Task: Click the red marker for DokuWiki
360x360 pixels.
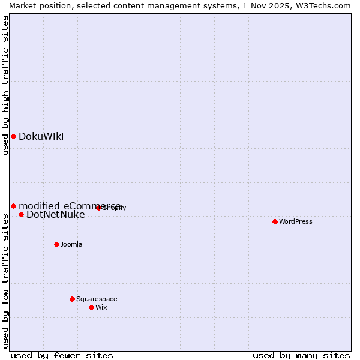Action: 13,136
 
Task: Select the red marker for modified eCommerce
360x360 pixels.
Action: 13,206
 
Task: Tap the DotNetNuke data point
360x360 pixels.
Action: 21,214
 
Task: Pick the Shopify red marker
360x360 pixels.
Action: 98,208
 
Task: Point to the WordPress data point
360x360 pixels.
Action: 275,221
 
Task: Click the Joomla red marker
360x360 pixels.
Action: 56,244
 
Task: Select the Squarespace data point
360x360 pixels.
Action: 72,299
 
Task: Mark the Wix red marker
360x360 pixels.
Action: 91,307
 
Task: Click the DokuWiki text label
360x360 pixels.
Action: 41,136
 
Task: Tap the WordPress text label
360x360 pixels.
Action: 296,221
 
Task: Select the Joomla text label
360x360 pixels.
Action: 71,244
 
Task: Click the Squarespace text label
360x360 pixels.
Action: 97,299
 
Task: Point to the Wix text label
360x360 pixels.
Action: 101,307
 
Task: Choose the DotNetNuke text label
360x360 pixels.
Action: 56,214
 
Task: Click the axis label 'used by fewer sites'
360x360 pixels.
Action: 62,355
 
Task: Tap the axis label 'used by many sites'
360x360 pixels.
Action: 301,355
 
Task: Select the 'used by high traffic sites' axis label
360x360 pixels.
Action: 5,85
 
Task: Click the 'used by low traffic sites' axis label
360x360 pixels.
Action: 5,280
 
